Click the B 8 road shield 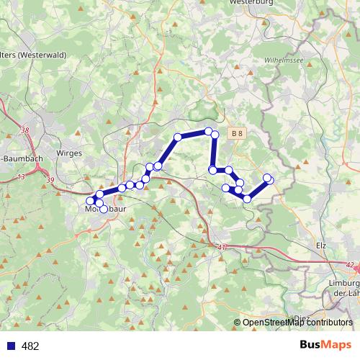238,133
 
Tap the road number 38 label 26,130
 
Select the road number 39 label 50,180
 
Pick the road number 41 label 221,247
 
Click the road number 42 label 351,265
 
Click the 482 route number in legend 30,346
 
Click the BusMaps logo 325,345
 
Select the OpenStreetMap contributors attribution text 297,323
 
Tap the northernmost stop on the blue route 208,131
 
